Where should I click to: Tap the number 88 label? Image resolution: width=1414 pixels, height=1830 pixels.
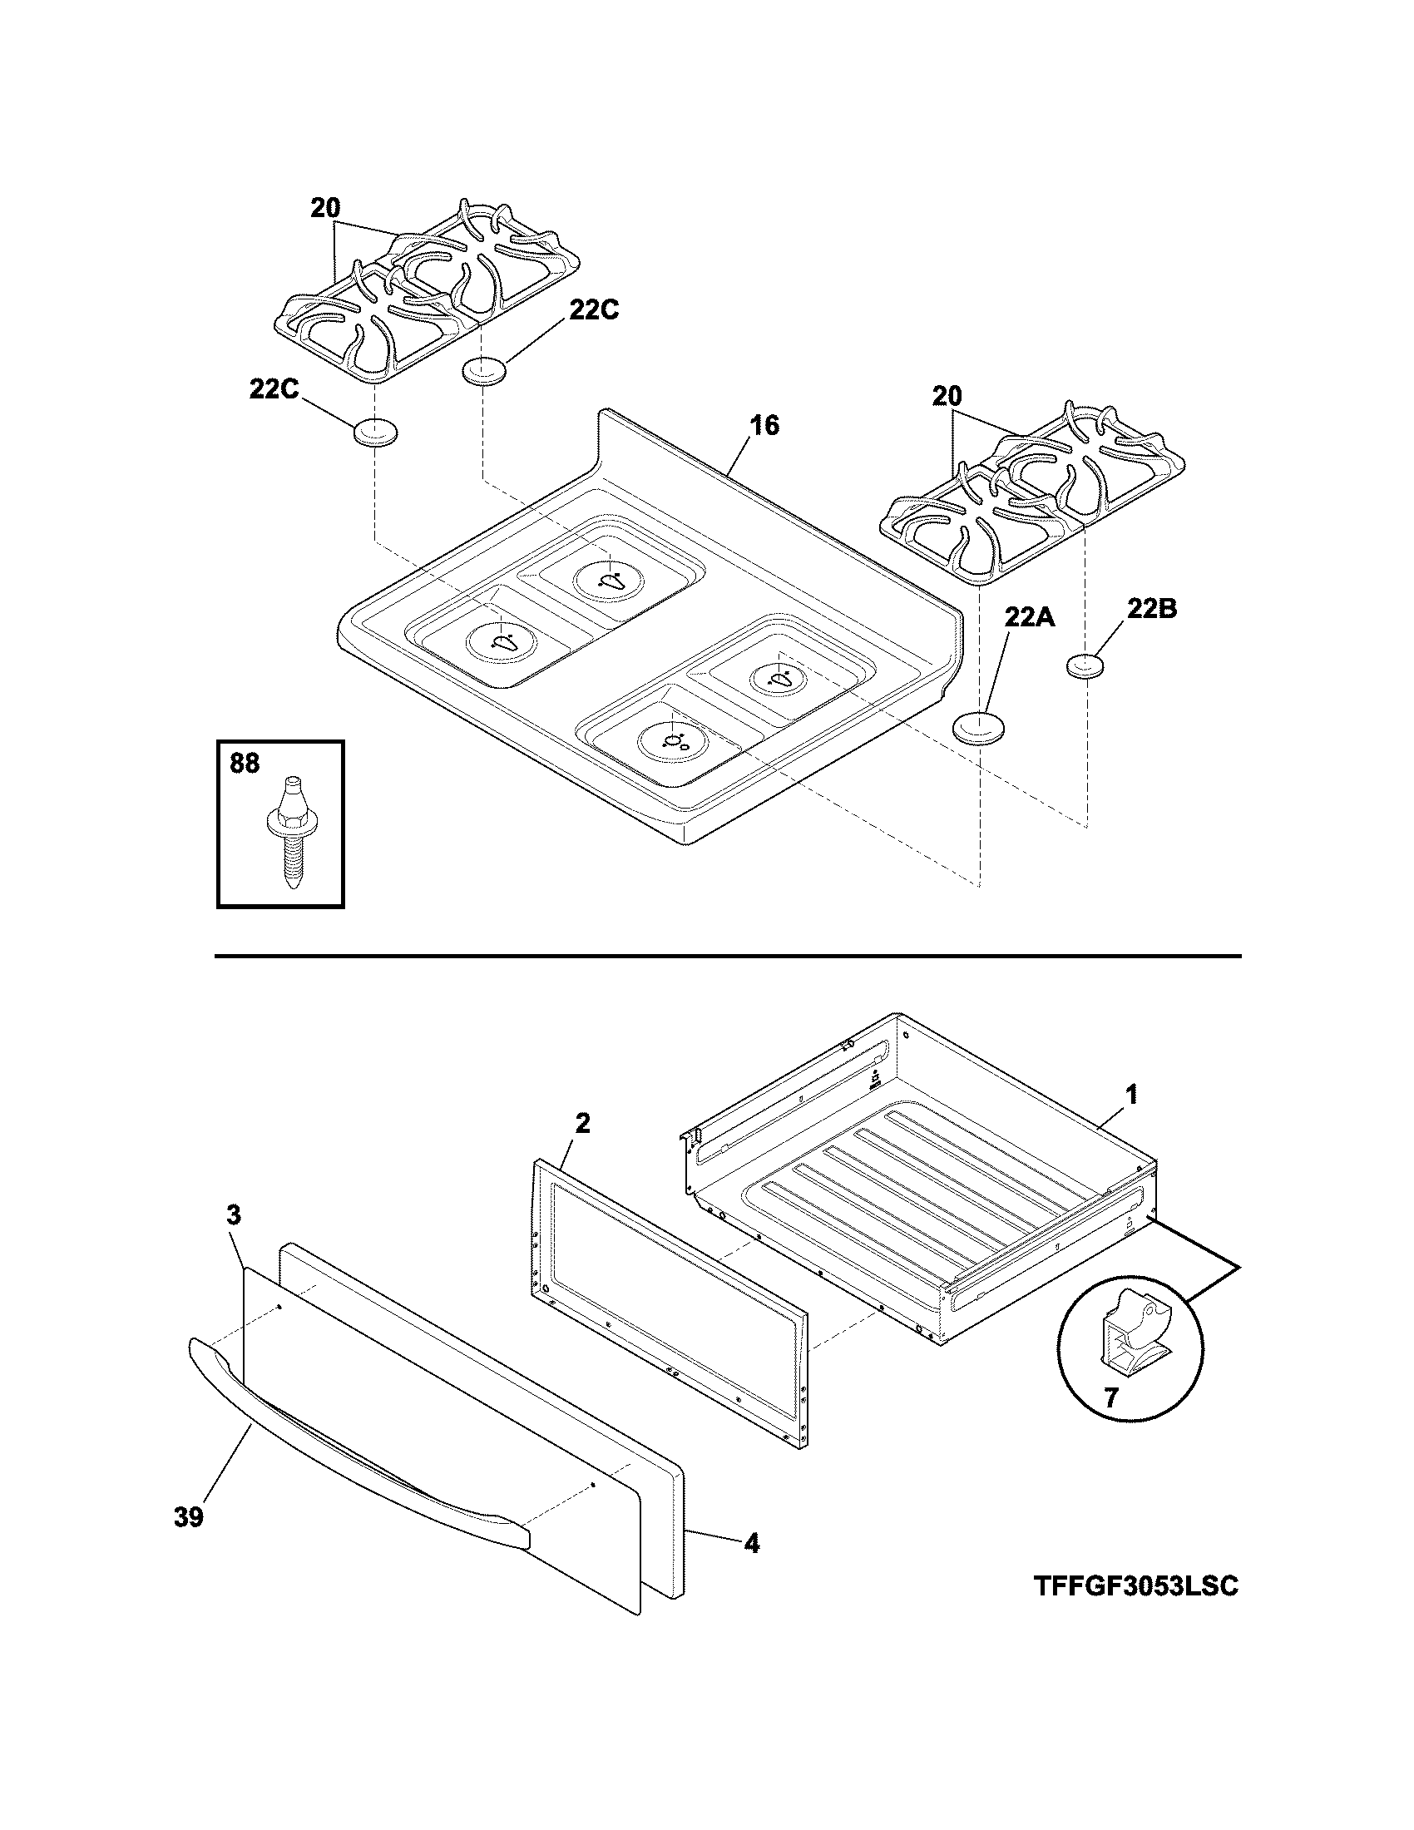pyautogui.click(x=244, y=764)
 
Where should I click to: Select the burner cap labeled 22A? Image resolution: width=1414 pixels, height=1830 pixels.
pyautogui.click(x=978, y=725)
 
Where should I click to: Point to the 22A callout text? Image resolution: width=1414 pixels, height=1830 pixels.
pyautogui.click(x=1030, y=617)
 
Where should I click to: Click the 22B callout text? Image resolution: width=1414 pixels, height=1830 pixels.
pyautogui.click(x=1151, y=609)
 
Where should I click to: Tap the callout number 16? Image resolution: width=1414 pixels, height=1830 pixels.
pyautogui.click(x=763, y=425)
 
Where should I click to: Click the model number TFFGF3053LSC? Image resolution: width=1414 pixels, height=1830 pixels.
pyautogui.click(x=1135, y=1586)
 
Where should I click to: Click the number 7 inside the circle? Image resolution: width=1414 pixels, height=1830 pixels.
pyautogui.click(x=1110, y=1397)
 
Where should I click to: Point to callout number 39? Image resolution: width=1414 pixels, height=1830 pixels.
pyautogui.click(x=189, y=1516)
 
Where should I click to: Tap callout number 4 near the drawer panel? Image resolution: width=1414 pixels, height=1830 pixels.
pyautogui.click(x=751, y=1542)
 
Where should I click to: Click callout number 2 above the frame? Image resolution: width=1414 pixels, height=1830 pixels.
pyautogui.click(x=582, y=1123)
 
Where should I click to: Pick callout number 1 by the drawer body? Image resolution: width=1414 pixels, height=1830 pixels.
pyautogui.click(x=1131, y=1094)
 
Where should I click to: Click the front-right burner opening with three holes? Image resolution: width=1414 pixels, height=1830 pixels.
pyautogui.click(x=673, y=739)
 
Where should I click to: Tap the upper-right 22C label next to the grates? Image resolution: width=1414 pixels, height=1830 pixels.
pyautogui.click(x=593, y=310)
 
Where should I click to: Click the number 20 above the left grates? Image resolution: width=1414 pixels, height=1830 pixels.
pyautogui.click(x=325, y=208)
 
